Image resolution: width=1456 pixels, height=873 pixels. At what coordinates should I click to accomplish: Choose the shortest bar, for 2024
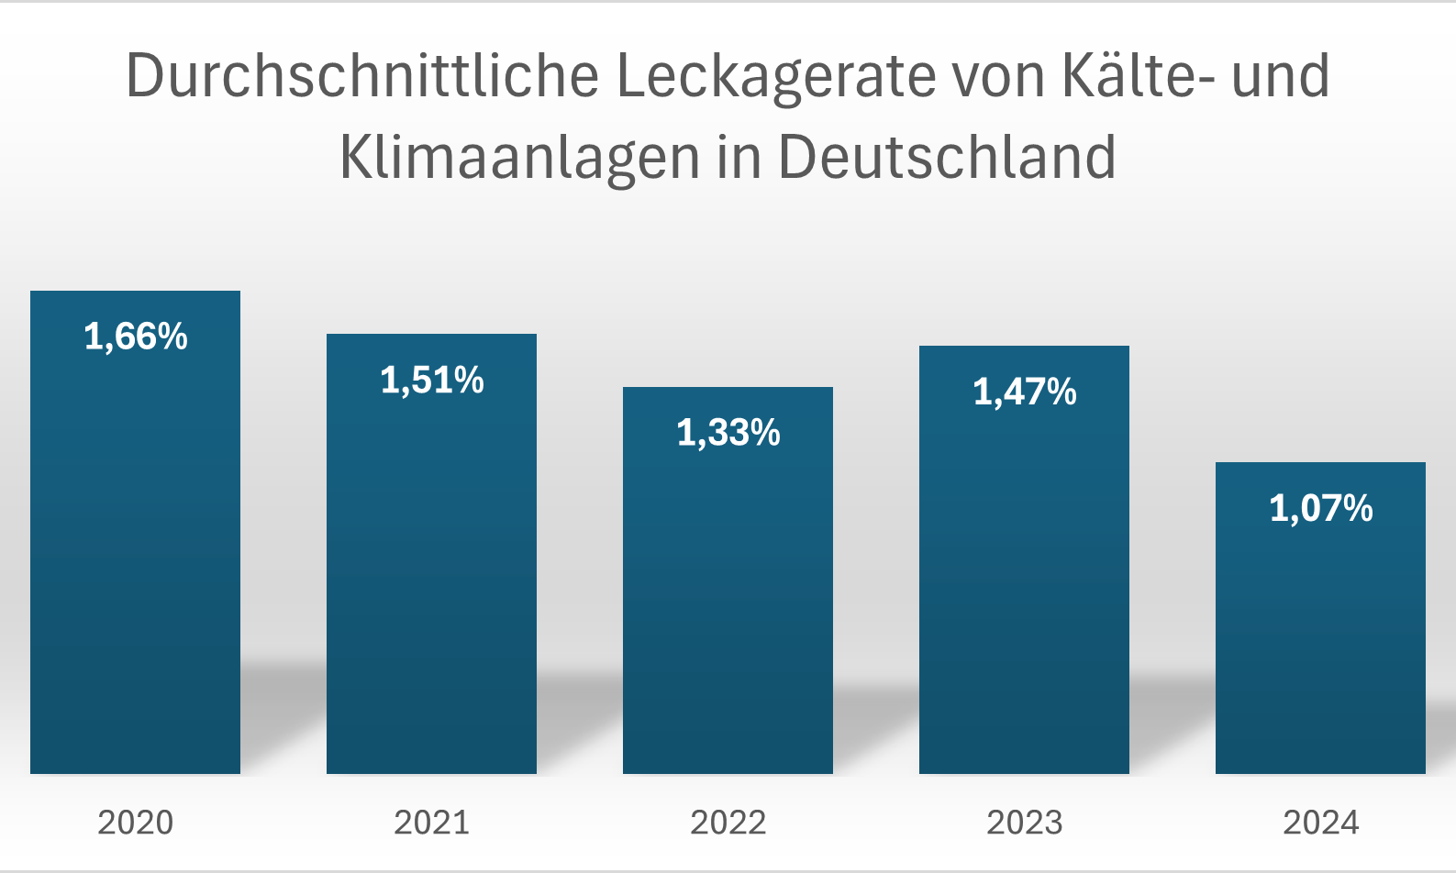(x=1320, y=642)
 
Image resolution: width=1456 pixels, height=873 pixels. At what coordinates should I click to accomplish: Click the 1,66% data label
(x=136, y=337)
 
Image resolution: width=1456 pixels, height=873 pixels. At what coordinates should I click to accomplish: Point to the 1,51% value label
(x=432, y=380)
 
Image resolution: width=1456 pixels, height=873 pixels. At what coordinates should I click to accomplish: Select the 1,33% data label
(x=728, y=433)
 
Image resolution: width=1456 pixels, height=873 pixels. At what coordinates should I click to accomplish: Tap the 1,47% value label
(x=1025, y=392)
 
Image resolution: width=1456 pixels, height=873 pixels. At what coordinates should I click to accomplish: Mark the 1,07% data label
(x=1321, y=508)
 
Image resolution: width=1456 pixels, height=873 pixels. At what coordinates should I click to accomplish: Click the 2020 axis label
(x=136, y=823)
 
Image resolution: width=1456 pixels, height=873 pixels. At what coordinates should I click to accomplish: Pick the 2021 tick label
(x=432, y=823)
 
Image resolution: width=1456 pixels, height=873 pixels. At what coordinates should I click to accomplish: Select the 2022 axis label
(x=728, y=823)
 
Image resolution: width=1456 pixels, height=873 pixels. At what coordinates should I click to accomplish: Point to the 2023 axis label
(x=1025, y=823)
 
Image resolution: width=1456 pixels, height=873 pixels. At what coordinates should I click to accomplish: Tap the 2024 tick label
(x=1321, y=823)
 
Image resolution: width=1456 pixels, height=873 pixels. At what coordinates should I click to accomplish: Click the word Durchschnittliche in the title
(x=362, y=75)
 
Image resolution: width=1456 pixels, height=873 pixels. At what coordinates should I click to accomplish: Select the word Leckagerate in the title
(x=776, y=75)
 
